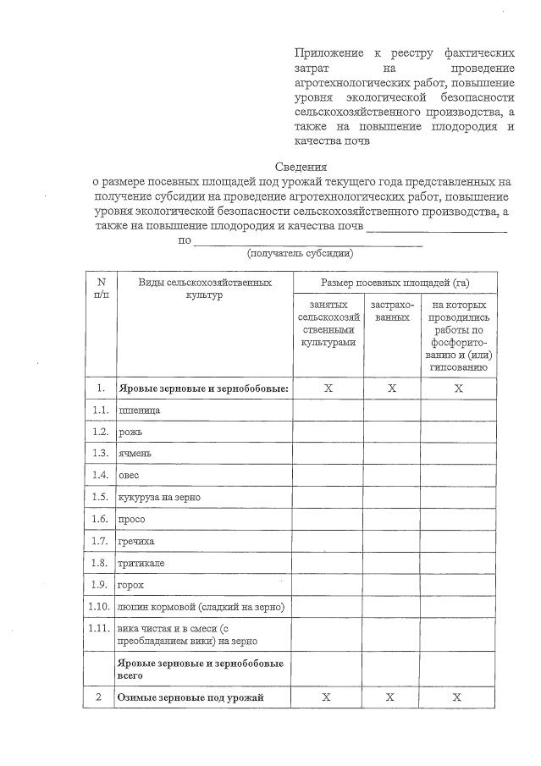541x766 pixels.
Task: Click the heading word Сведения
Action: coord(301,167)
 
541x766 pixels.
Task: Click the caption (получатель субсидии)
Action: coord(300,253)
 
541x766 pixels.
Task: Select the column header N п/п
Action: coord(101,288)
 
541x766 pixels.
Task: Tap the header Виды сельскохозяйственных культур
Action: coord(205,289)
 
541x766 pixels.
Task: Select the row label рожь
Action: coord(130,432)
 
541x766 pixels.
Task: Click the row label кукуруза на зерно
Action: coord(160,497)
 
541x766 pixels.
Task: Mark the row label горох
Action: coord(132,584)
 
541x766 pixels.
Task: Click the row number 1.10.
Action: coord(100,606)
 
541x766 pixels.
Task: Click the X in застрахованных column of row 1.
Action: coord(391,388)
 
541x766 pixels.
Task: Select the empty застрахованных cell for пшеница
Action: coord(391,410)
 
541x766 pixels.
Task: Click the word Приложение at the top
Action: coord(325,53)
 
